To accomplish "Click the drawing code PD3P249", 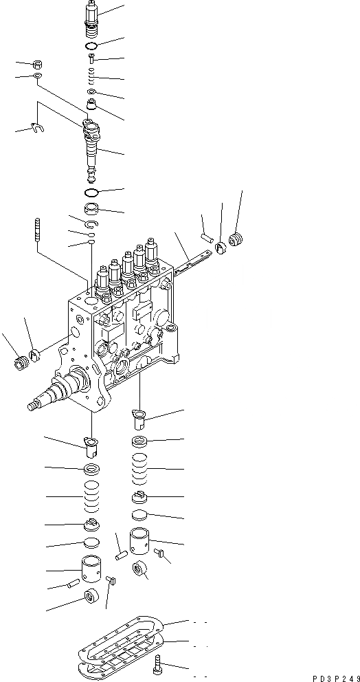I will click(x=330, y=676).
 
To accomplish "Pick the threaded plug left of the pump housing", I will click(x=20, y=360).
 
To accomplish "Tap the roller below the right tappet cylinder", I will click(x=140, y=570).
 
